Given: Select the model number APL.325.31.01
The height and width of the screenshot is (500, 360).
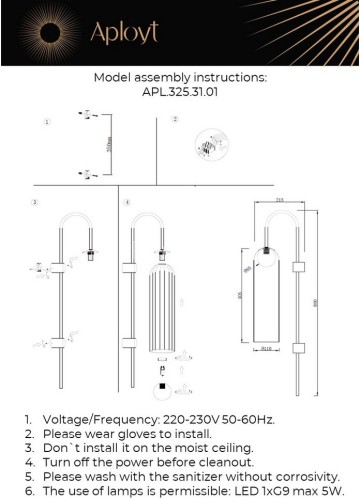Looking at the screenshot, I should tap(180, 90).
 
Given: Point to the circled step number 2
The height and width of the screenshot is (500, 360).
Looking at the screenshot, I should tap(174, 120).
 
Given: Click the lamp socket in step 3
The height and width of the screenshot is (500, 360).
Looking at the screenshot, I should tap(89, 255).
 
